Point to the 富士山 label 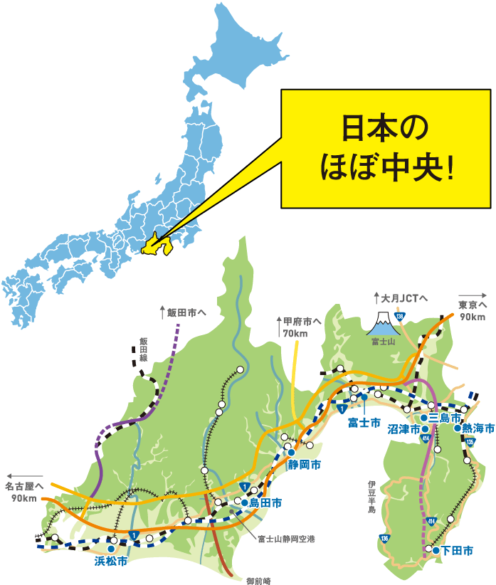381,341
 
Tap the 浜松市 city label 111,562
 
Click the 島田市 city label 265,503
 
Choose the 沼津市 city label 403,430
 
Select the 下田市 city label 457,550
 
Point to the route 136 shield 384,538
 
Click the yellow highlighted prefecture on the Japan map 157,247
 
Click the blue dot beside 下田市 436,549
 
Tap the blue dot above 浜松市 112,549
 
